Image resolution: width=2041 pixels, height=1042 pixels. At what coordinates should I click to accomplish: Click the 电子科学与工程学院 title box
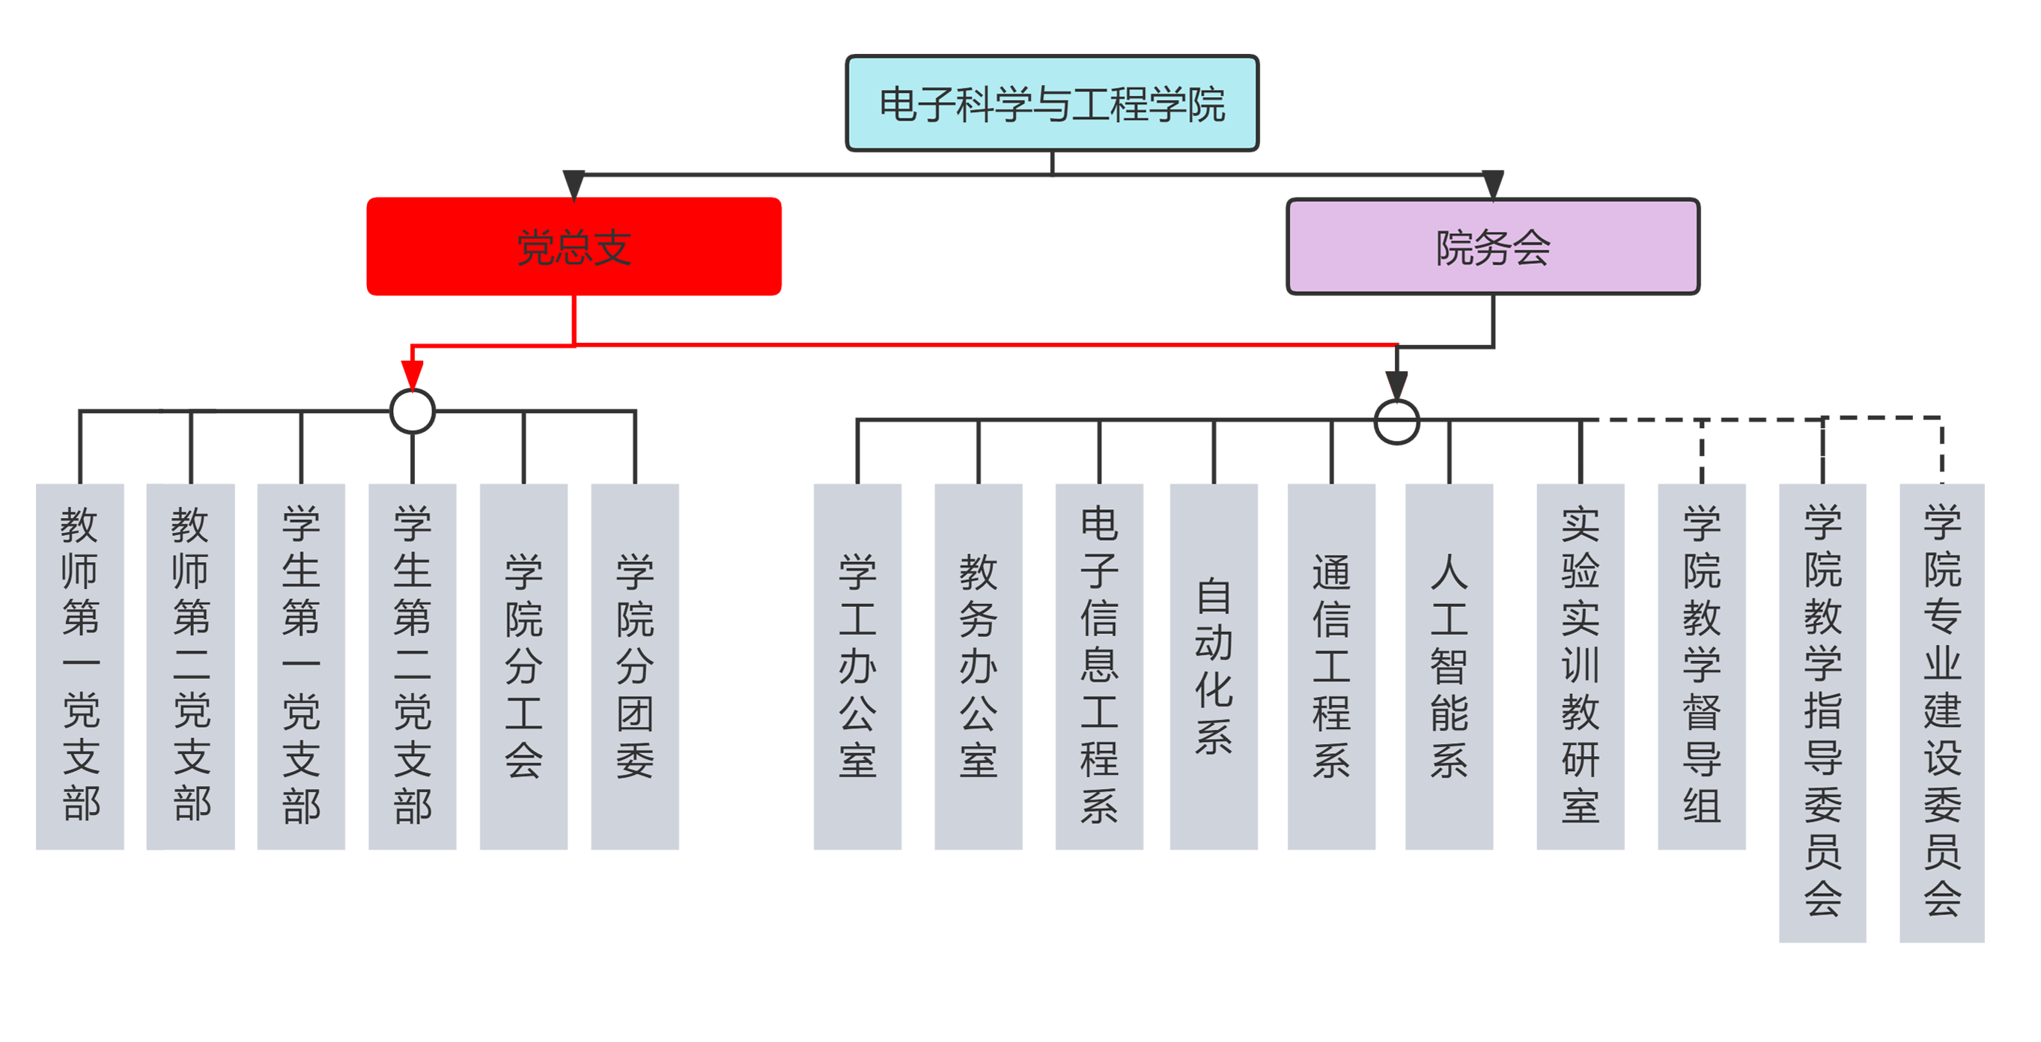pos(1051,103)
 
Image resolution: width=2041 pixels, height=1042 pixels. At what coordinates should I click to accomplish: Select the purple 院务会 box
pos(1492,246)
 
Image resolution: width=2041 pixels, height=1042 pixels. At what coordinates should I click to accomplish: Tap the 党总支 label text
pos(574,247)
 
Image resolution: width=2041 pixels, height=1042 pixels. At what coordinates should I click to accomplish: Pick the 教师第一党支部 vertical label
pos(81,664)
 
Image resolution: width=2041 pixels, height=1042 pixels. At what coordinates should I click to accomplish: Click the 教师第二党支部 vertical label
pos(192,664)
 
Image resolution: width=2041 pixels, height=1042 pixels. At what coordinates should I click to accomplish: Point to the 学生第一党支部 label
pos(302,664)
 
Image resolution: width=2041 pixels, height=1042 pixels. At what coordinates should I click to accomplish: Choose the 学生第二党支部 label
pos(413,664)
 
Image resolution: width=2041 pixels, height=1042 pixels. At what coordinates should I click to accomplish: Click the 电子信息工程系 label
pos(1099,664)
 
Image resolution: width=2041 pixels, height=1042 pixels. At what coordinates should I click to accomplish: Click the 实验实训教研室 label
pos(1580,664)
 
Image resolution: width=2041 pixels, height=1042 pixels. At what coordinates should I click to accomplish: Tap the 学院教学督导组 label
pos(1701,664)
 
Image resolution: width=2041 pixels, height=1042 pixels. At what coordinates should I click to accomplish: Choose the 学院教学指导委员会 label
pos(1822,709)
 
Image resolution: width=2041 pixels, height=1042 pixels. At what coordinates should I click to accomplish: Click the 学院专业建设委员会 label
pos(1942,709)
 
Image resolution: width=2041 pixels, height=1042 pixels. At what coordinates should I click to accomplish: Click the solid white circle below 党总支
pos(413,411)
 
